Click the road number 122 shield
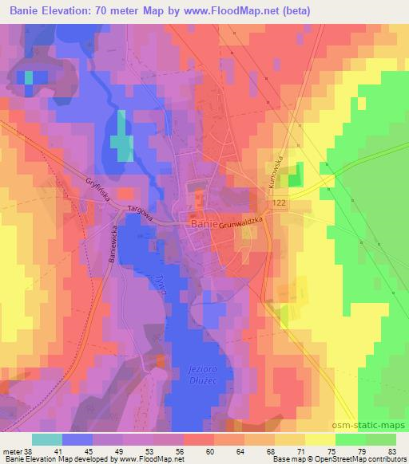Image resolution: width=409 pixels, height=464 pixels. tap(279, 205)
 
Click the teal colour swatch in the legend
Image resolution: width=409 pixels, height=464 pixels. tap(46, 438)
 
